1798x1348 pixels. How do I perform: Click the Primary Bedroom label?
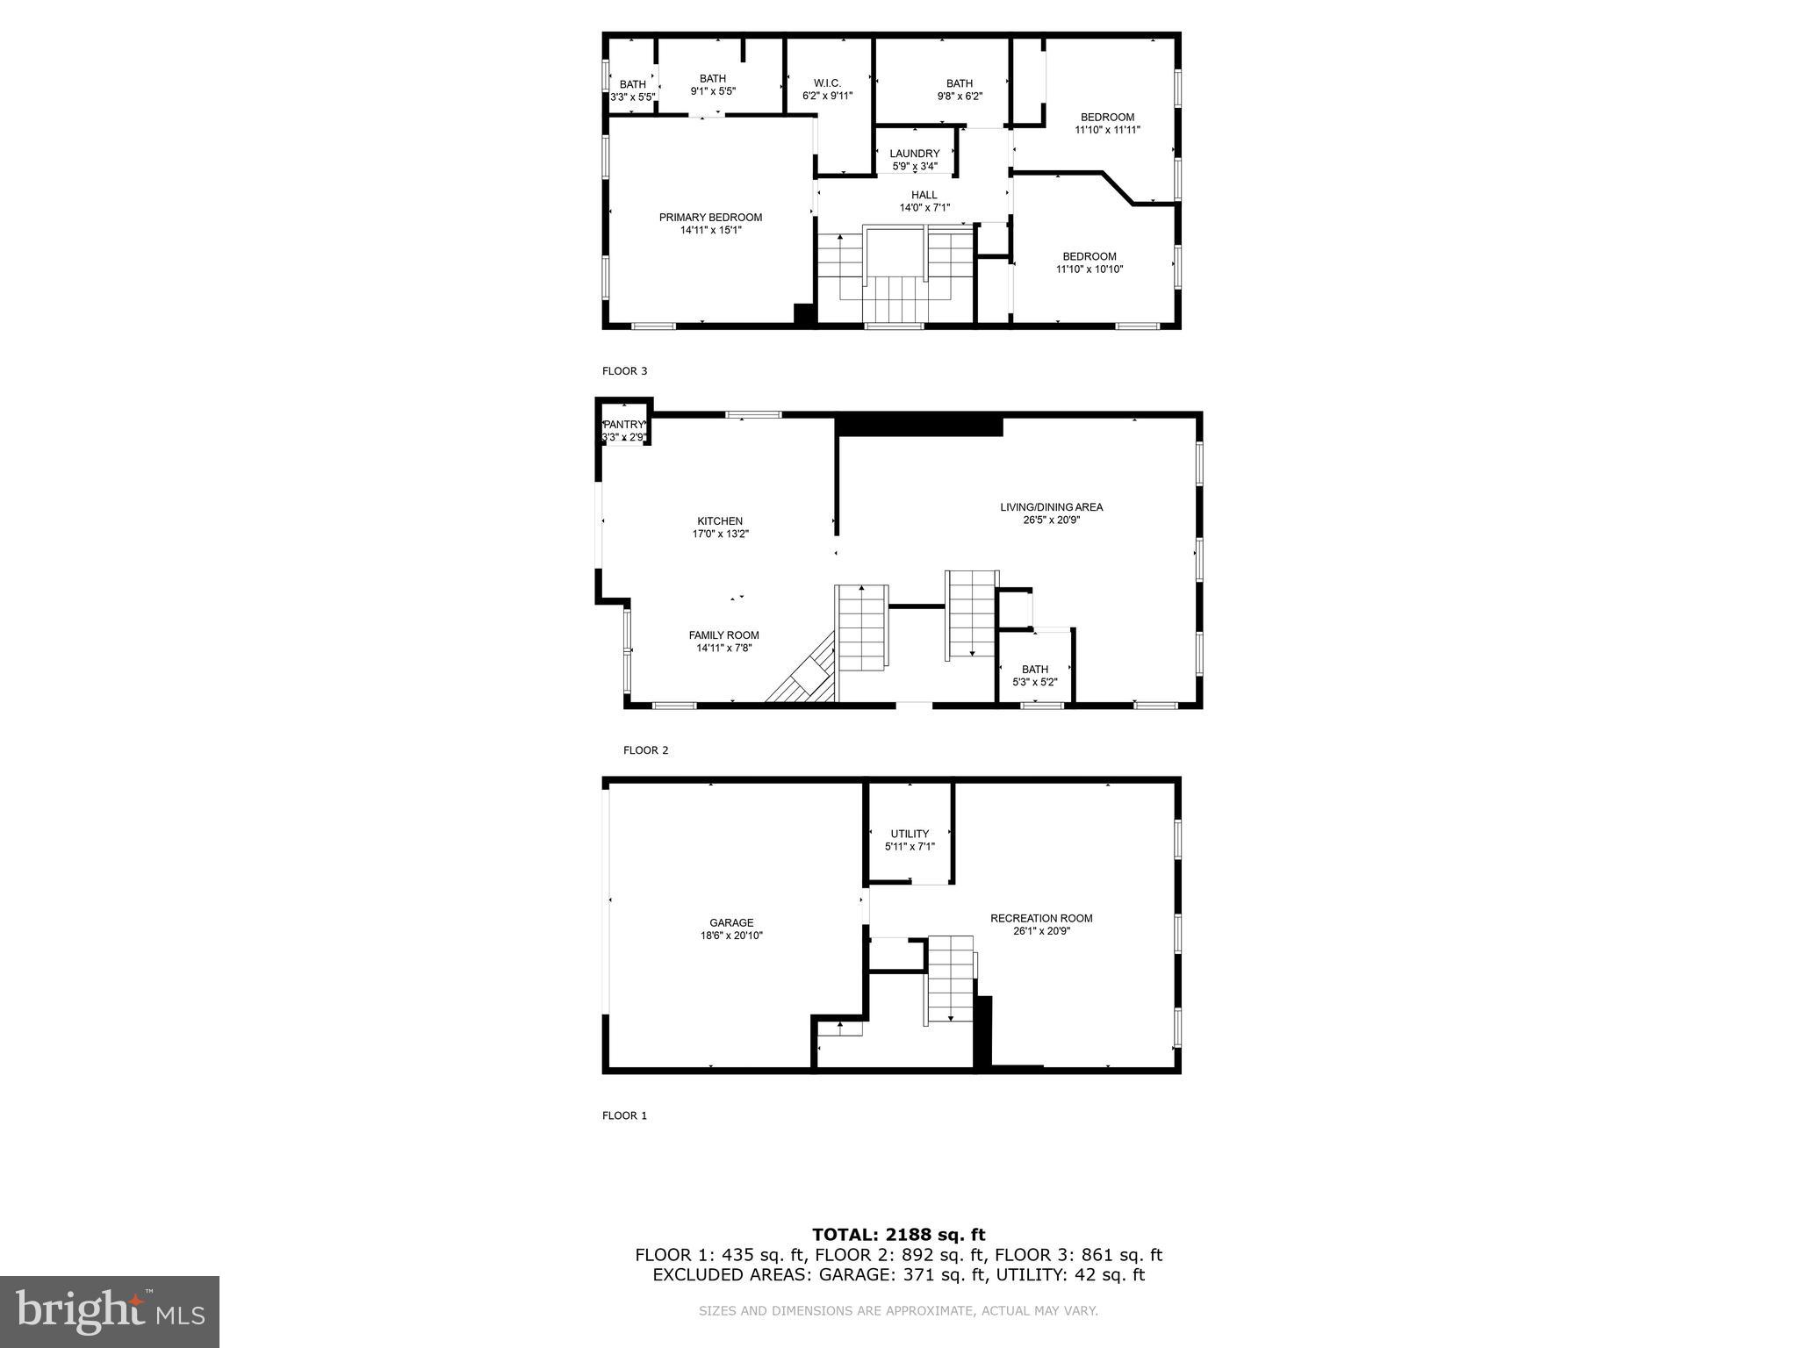(x=710, y=218)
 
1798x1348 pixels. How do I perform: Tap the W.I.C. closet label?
(x=827, y=83)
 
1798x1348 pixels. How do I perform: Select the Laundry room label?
(x=914, y=154)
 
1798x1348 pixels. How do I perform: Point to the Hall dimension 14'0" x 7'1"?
(x=924, y=208)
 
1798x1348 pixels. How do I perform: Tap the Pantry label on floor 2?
(x=623, y=425)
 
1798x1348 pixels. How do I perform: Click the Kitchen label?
(x=720, y=521)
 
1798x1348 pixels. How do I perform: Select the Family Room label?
(x=723, y=635)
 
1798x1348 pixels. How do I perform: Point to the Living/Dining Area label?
(x=1051, y=507)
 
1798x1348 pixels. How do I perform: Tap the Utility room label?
(x=910, y=834)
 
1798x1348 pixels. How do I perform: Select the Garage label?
(x=731, y=922)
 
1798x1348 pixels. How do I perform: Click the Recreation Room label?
(x=1041, y=919)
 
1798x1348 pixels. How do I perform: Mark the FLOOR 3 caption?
(x=624, y=371)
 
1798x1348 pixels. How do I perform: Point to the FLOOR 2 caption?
(x=645, y=750)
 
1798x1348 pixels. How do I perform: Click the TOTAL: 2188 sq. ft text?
(x=898, y=1235)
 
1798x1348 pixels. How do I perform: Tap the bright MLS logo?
(x=110, y=1311)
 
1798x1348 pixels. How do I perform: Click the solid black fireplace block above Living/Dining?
(x=919, y=425)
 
